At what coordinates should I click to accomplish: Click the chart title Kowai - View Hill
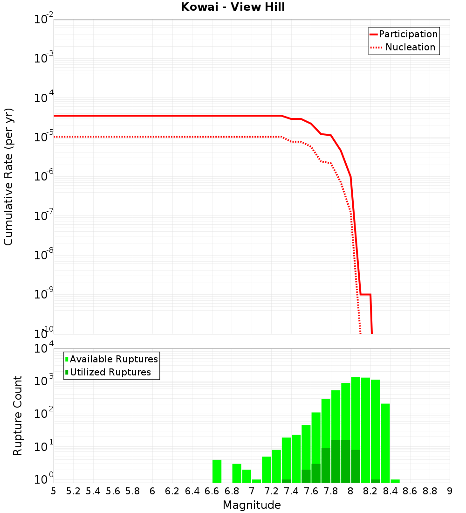[233, 7]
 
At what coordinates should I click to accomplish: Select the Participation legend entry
[404, 35]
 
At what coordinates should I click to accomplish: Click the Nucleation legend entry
[404, 48]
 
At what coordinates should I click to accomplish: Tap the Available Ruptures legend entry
[112, 359]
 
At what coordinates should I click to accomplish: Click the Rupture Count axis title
[18, 416]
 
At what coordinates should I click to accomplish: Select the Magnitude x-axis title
[252, 505]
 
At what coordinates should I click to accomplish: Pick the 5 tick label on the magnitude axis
[54, 491]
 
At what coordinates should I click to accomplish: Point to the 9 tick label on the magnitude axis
[450, 491]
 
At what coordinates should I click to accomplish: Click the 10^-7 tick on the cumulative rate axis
[43, 217]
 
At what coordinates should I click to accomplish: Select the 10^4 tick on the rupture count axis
[43, 349]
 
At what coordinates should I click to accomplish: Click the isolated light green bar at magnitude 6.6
[217, 471]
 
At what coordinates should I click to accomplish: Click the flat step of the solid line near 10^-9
[365, 294]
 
